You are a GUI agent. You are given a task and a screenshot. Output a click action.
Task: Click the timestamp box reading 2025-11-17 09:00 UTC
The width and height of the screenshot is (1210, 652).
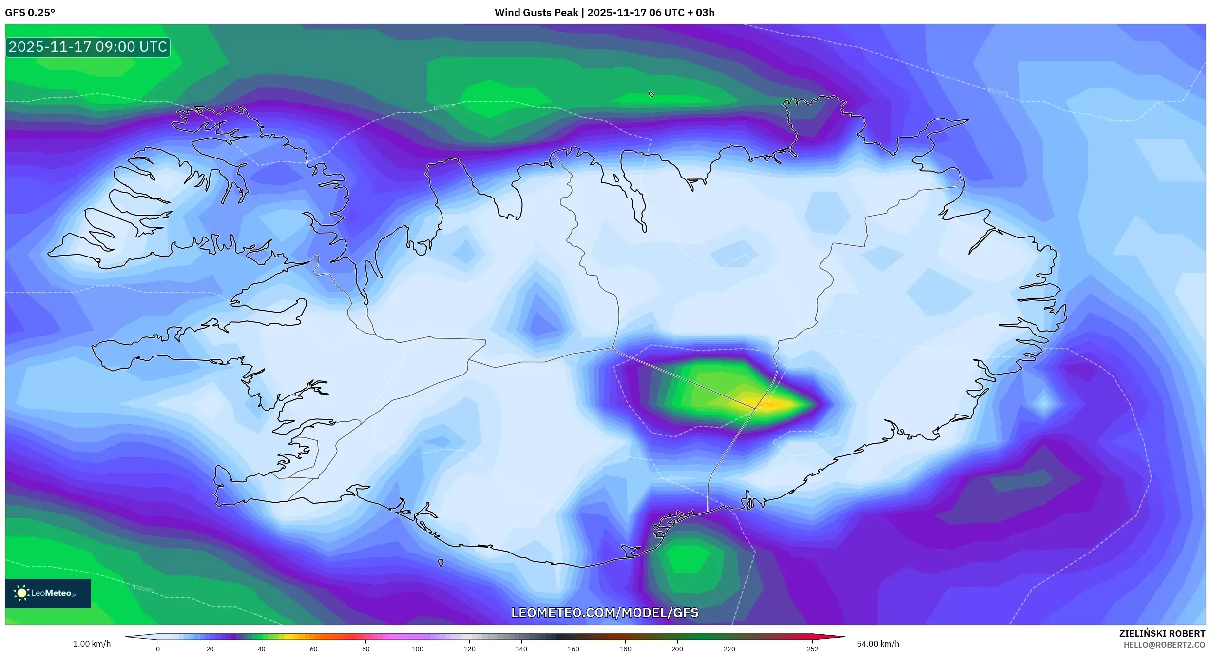pyautogui.click(x=88, y=47)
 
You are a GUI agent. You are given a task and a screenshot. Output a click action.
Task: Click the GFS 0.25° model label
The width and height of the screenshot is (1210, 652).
pyautogui.click(x=30, y=12)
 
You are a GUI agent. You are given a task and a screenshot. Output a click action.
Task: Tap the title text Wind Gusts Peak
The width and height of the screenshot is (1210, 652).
pyautogui.click(x=536, y=12)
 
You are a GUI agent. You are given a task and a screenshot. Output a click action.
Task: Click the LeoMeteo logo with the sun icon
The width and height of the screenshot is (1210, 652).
pyautogui.click(x=47, y=593)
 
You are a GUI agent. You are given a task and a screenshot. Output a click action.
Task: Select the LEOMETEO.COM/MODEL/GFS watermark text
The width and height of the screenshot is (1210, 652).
pyautogui.click(x=604, y=613)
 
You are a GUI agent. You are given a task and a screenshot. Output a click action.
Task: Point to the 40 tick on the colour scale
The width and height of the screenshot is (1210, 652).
pyautogui.click(x=262, y=649)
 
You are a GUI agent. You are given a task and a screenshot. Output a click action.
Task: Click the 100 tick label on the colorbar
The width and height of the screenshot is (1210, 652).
pyautogui.click(x=418, y=649)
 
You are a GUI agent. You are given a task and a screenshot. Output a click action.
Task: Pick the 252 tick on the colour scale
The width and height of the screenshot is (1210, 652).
pyautogui.click(x=812, y=649)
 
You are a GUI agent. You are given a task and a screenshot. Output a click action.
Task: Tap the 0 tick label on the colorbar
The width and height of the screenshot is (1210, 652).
pyautogui.click(x=158, y=649)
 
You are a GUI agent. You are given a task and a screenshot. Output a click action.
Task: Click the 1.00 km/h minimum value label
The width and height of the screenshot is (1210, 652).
pyautogui.click(x=92, y=644)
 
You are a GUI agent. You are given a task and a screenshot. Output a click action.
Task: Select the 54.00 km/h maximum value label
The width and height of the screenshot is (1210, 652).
pyautogui.click(x=878, y=644)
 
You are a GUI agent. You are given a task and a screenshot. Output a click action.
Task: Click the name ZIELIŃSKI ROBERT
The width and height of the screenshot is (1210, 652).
pyautogui.click(x=1162, y=633)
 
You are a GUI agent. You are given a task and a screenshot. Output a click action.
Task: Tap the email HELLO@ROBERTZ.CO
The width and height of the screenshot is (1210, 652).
pyautogui.click(x=1164, y=645)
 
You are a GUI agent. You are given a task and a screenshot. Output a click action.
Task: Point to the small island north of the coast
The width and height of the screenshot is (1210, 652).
pyautogui.click(x=652, y=94)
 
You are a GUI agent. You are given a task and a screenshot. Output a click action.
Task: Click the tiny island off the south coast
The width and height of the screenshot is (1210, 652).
pyautogui.click(x=441, y=563)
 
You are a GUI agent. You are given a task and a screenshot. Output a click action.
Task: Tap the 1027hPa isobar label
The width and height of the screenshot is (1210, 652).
pyautogui.click(x=443, y=107)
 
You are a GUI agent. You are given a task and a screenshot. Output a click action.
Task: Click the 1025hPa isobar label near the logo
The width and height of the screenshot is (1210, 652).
pyautogui.click(x=143, y=588)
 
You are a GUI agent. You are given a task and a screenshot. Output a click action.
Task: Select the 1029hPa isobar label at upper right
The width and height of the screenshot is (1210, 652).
pyautogui.click(x=997, y=92)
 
